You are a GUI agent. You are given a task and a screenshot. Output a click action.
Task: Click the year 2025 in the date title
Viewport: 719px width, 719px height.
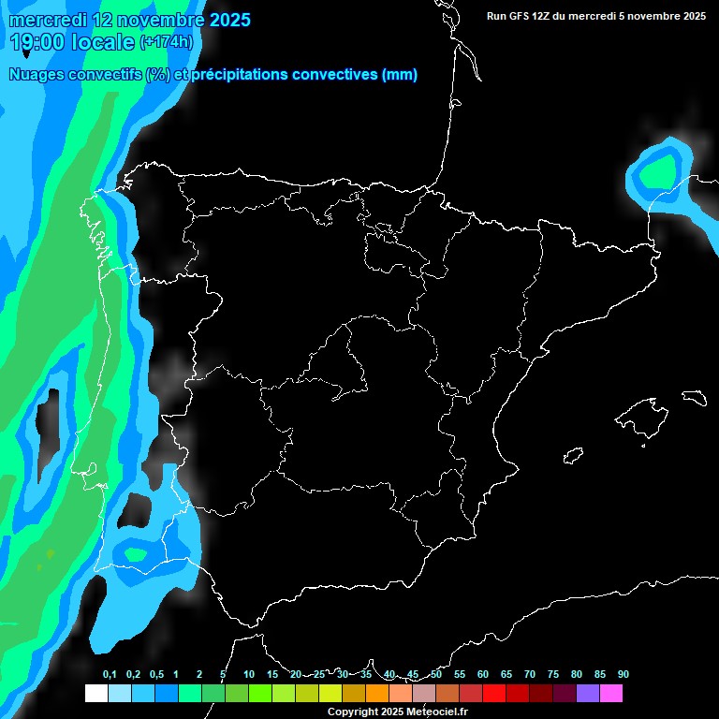[230, 20]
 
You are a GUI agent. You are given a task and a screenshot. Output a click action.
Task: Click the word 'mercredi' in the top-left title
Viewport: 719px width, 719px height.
[43, 20]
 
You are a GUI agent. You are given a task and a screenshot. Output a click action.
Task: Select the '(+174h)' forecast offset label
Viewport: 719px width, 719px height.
[166, 42]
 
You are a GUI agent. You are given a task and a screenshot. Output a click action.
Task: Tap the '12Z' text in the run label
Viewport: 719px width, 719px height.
[547, 16]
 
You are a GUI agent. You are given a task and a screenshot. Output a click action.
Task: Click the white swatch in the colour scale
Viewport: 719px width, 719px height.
[95, 694]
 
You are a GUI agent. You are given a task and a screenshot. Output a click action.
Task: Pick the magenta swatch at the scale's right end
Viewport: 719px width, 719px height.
[611, 694]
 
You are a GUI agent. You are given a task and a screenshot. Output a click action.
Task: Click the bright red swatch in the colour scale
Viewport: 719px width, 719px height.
[494, 694]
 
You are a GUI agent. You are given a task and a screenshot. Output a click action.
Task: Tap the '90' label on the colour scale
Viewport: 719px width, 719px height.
[623, 674]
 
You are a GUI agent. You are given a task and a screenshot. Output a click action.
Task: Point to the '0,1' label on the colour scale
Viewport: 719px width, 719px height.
[109, 674]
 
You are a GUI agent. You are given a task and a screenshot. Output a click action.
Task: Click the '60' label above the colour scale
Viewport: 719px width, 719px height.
[482, 674]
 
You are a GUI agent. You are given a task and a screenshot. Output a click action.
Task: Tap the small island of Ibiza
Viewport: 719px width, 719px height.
[574, 456]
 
